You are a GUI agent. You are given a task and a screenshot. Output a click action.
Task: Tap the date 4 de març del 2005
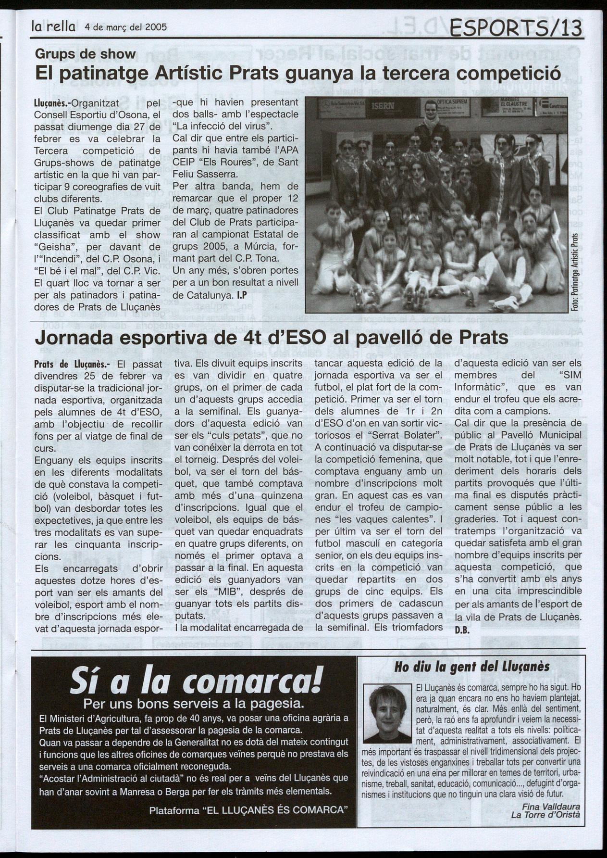[125, 27]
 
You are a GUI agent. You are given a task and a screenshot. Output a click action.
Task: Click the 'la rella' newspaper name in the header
[53, 27]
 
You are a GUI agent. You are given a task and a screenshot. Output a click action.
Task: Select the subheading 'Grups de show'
[86, 54]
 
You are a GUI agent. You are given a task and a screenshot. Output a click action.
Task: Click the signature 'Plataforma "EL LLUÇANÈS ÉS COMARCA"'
[248, 810]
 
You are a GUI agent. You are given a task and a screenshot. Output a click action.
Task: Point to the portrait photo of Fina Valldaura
[385, 714]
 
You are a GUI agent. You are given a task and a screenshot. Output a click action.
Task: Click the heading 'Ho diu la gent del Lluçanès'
[471, 666]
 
